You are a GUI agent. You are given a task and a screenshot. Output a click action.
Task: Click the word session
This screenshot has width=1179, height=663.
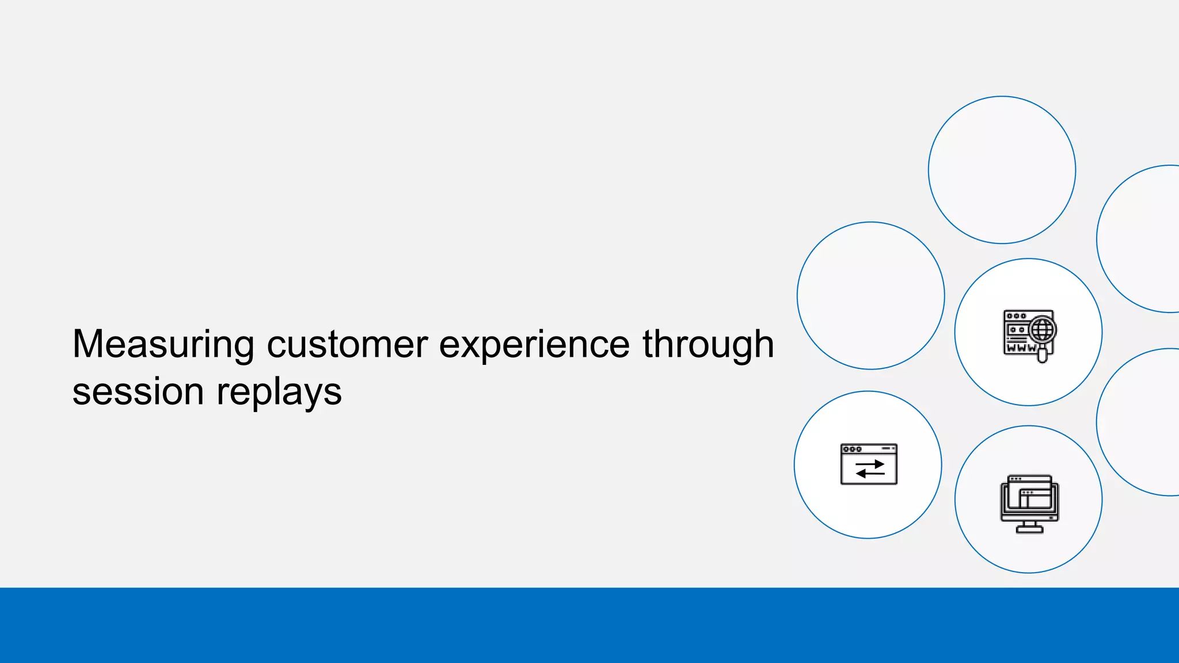pos(138,393)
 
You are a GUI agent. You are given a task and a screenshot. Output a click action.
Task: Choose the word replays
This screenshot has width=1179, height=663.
pos(279,393)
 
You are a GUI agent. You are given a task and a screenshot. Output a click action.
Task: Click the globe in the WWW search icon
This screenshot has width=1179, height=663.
pos(1043,330)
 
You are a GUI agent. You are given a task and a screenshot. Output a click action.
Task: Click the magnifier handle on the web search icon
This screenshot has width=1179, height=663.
pos(1042,356)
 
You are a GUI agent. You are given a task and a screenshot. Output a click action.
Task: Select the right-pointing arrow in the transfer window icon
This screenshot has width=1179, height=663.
pos(870,464)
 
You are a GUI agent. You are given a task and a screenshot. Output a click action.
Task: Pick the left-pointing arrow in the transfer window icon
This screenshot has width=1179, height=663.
pos(870,474)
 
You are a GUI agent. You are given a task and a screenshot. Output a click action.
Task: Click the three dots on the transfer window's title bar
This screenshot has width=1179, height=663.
pos(852,449)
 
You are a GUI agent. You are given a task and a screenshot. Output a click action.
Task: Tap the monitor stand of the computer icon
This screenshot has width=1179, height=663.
pos(1029,527)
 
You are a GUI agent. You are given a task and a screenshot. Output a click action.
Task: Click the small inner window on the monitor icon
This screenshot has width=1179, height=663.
pos(1035,498)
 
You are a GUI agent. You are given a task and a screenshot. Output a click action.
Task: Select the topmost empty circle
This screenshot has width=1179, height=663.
pos(1002,170)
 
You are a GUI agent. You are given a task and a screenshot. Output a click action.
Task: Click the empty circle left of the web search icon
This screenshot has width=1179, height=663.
pos(870,295)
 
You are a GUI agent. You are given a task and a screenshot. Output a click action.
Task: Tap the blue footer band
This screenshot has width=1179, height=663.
pos(589,625)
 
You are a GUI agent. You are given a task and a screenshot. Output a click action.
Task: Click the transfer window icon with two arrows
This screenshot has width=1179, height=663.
pos(869,464)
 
